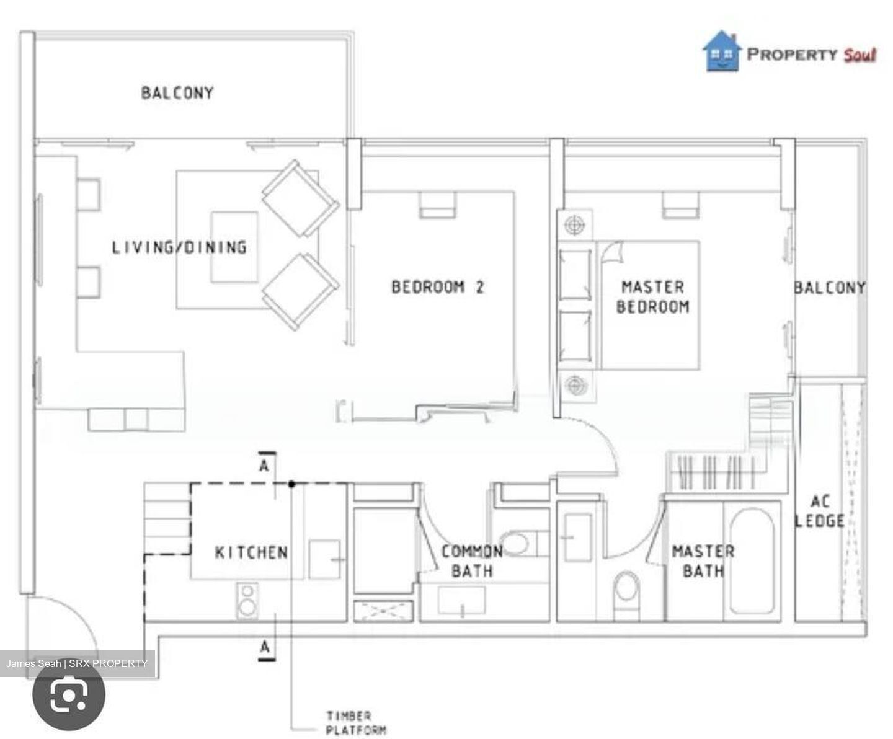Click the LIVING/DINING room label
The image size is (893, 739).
(x=179, y=247)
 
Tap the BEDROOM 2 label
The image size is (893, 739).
(x=437, y=287)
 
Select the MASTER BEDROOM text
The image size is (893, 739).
(x=653, y=297)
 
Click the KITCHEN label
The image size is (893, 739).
(x=251, y=552)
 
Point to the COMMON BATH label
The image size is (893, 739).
(x=472, y=561)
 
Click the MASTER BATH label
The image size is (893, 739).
(x=703, y=561)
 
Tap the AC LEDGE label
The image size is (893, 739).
(x=819, y=511)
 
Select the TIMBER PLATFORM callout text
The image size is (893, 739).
(x=356, y=723)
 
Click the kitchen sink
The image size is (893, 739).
(x=324, y=559)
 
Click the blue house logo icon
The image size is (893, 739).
(x=721, y=52)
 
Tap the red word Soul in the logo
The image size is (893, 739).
(x=860, y=55)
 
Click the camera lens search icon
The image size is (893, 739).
(x=69, y=695)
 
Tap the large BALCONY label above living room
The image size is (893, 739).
(x=177, y=93)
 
